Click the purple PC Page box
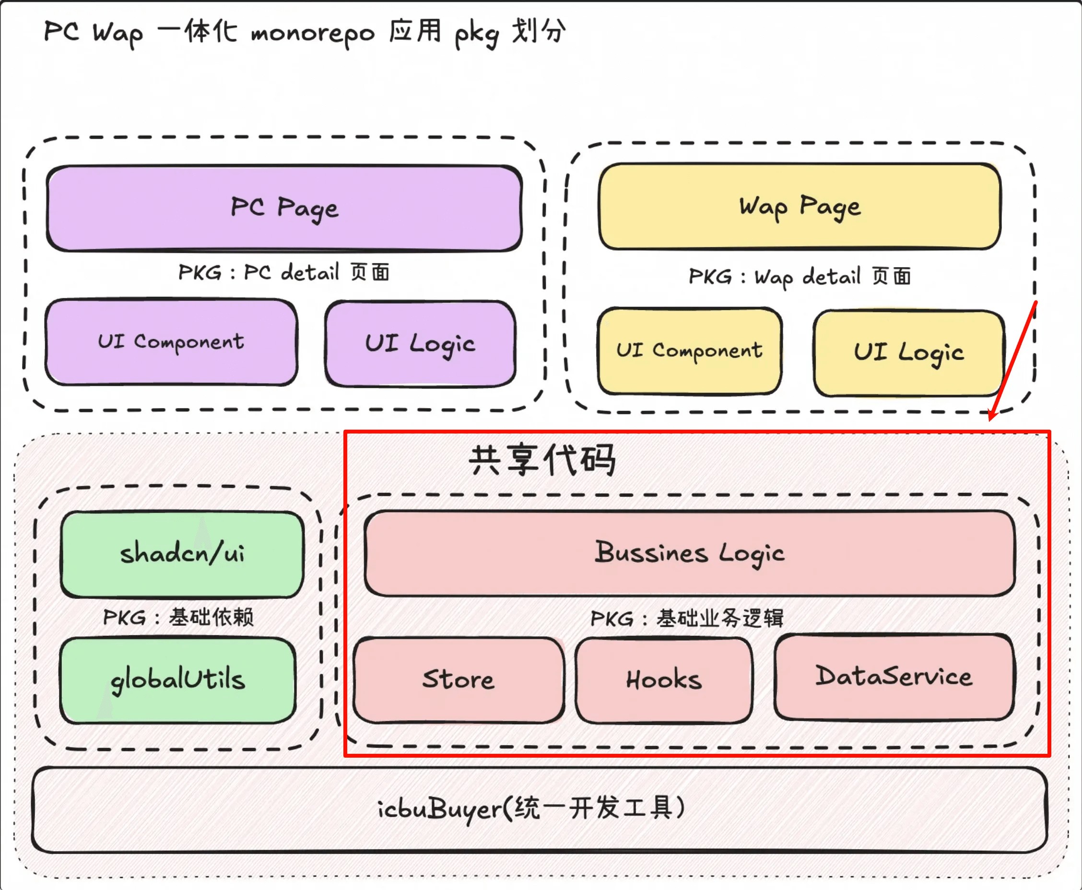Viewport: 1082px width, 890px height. (x=284, y=208)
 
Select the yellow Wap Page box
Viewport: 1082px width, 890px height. (x=800, y=207)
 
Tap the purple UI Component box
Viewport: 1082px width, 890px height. (x=171, y=342)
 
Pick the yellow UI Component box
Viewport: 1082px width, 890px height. (x=690, y=351)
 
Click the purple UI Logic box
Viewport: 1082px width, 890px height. (x=420, y=344)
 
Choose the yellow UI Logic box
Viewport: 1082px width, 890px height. (x=909, y=353)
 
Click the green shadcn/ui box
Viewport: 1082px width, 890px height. (x=183, y=554)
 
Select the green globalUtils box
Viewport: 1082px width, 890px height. (x=178, y=680)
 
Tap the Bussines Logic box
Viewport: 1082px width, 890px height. (x=690, y=553)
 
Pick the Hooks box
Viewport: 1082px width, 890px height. (x=664, y=680)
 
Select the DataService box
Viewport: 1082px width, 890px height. (x=894, y=677)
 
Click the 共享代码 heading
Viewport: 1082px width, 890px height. (x=542, y=460)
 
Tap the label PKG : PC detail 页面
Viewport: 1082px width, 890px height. (x=284, y=272)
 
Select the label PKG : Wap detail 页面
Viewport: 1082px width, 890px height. (x=800, y=277)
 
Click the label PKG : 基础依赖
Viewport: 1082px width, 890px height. (x=178, y=617)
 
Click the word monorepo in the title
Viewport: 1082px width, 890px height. (x=313, y=33)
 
